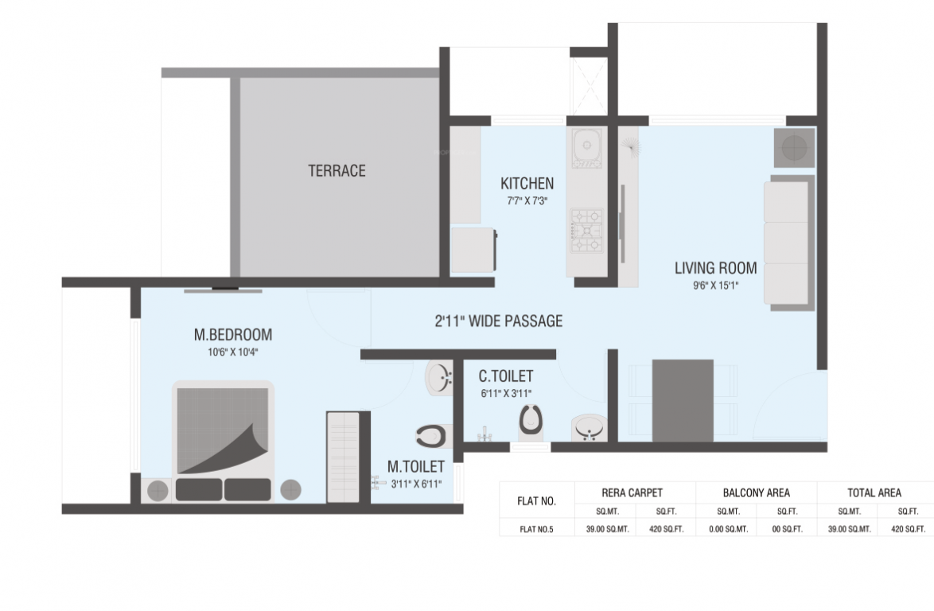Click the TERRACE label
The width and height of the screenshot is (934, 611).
pyautogui.click(x=337, y=170)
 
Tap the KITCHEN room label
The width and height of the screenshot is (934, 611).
pyautogui.click(x=527, y=184)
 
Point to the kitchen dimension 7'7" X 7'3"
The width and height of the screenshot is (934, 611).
pyautogui.click(x=527, y=201)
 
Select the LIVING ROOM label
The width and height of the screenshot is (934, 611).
pyautogui.click(x=715, y=268)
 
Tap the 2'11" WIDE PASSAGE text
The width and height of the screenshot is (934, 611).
pyautogui.click(x=498, y=321)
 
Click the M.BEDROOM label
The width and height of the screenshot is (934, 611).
pyautogui.click(x=232, y=334)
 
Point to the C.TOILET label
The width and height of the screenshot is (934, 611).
pyautogui.click(x=505, y=376)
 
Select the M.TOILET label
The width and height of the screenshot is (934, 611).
pyautogui.click(x=415, y=466)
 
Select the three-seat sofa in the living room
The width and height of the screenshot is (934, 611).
pyautogui.click(x=788, y=243)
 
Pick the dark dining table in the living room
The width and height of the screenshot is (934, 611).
pyautogui.click(x=683, y=399)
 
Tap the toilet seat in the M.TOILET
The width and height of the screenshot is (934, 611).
pyautogui.click(x=430, y=435)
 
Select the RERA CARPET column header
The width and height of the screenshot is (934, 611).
pyautogui.click(x=633, y=492)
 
